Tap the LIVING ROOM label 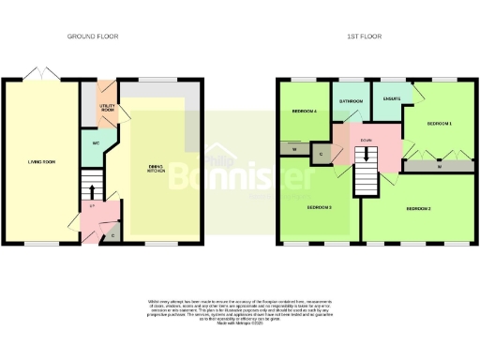click(x=41, y=162)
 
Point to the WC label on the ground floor click(x=97, y=143)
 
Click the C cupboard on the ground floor click(x=112, y=234)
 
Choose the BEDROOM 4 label click(x=305, y=112)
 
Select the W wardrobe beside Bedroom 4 click(x=294, y=149)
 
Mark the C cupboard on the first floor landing click(x=322, y=154)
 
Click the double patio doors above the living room click(x=38, y=75)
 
